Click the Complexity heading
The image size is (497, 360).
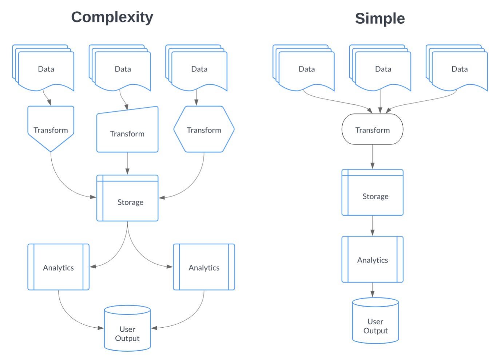pos(112,17)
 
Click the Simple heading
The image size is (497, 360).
pos(379,19)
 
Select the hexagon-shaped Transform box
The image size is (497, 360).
pos(204,129)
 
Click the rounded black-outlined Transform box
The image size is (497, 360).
pos(372,129)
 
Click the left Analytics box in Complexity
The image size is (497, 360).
pos(58,267)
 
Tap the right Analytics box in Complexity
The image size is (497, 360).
pos(204,267)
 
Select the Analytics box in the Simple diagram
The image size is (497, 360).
pos(372,259)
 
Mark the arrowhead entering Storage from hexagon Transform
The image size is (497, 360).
pos(162,197)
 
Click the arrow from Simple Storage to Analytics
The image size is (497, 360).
pos(372,226)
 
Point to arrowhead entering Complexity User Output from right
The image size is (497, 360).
pos(154,328)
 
